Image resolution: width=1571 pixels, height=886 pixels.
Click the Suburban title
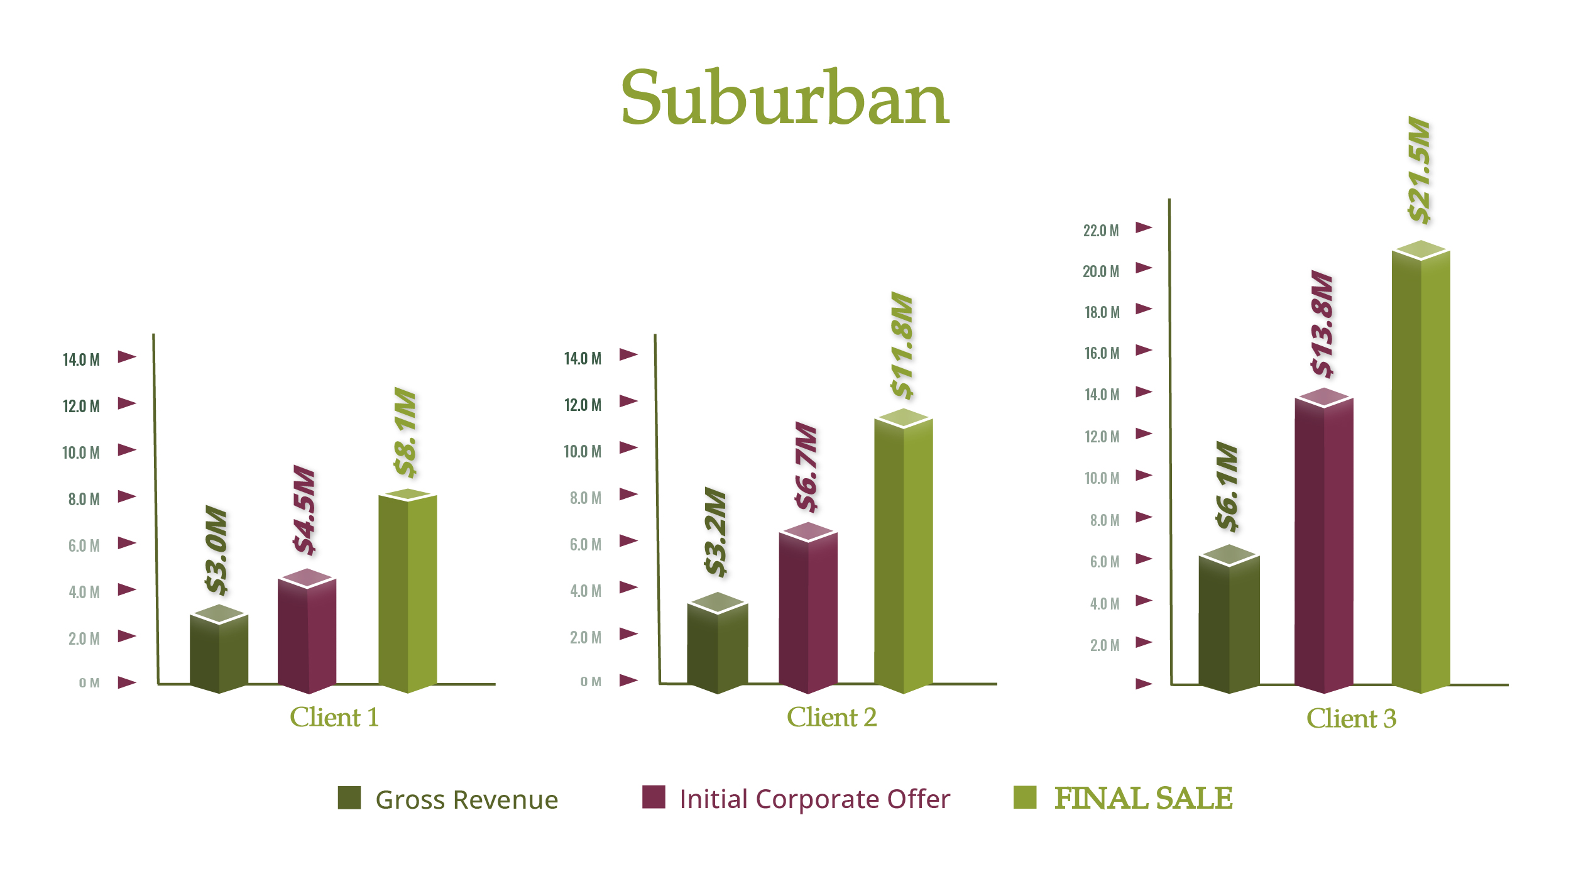point(785,98)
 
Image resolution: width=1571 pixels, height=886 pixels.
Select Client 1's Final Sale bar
point(408,591)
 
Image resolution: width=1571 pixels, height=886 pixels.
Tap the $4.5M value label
point(305,510)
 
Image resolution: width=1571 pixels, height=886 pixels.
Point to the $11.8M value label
point(902,345)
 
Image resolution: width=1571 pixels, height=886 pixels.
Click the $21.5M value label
point(1420,170)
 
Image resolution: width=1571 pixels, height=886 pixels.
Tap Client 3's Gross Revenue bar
point(1229,622)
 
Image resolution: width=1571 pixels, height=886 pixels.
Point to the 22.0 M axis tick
point(1101,231)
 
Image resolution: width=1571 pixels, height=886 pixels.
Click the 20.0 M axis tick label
point(1101,271)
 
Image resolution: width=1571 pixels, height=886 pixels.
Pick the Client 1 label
point(334,717)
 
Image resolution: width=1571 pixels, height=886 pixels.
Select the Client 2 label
point(831,717)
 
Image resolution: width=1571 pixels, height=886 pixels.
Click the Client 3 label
point(1351,718)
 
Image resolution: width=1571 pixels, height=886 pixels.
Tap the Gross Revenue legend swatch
point(349,797)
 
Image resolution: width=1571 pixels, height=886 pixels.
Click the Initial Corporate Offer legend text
point(814,799)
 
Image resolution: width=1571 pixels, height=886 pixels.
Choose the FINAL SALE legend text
point(1143,798)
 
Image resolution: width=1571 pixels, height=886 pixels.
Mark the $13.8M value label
point(1322,324)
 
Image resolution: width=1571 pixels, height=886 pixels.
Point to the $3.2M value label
point(716,532)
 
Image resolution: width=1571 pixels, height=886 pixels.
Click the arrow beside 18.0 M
point(1144,309)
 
